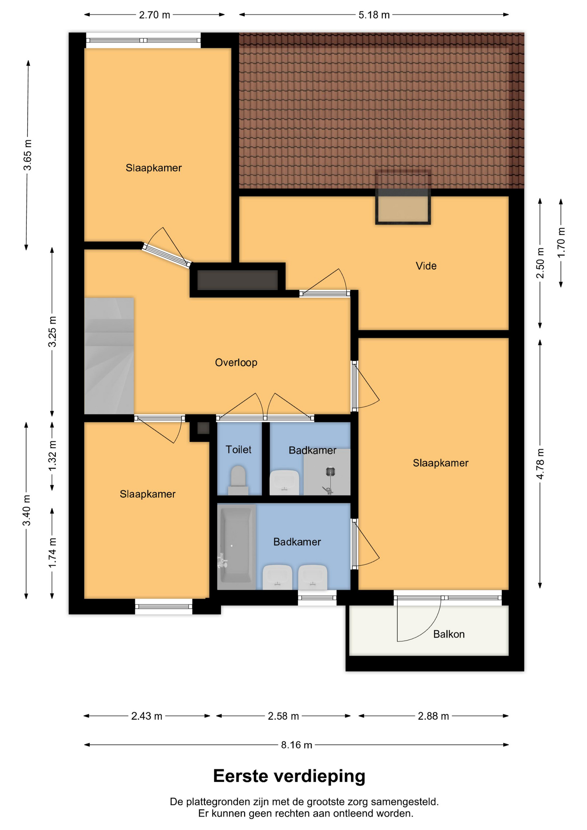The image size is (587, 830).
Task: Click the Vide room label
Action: click(426, 266)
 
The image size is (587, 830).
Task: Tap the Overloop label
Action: click(236, 362)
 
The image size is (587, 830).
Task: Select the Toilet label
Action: click(238, 450)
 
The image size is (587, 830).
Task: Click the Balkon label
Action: click(449, 634)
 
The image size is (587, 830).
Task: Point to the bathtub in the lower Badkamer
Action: click(236, 547)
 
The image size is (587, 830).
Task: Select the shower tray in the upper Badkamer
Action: click(327, 472)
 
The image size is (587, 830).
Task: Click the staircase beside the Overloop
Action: click(109, 356)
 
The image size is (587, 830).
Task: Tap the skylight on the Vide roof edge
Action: click(403, 197)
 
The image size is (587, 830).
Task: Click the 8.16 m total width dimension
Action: click(297, 745)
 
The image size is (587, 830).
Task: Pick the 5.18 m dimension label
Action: click(374, 15)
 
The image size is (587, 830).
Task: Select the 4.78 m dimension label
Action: click(540, 463)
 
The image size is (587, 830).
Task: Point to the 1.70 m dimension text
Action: click(561, 243)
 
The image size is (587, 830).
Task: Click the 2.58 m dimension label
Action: click(283, 716)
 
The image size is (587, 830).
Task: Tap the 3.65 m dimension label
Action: click(27, 155)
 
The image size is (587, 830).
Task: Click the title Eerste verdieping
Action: click(289, 776)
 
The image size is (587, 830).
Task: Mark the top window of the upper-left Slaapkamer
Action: click(143, 40)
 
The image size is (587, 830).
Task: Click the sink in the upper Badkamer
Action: click(284, 482)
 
